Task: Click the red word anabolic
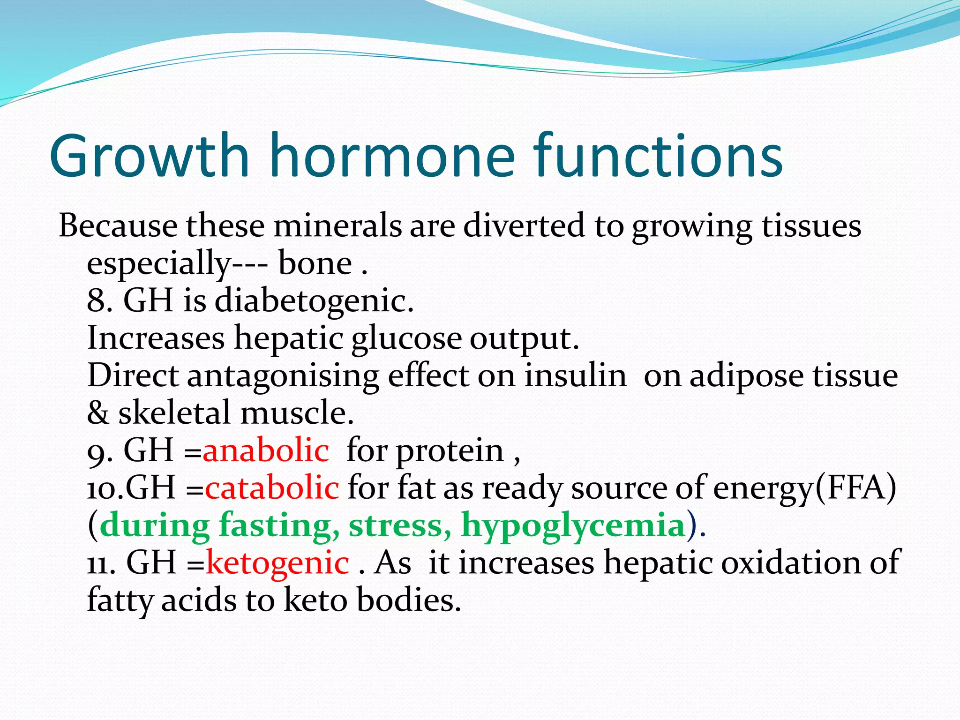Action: pyautogui.click(x=266, y=450)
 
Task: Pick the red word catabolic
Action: pyautogui.click(x=272, y=488)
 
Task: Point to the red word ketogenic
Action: pyautogui.click(x=277, y=563)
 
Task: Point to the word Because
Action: pyautogui.click(x=118, y=226)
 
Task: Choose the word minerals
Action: pyautogui.click(x=337, y=226)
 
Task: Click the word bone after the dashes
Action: pyautogui.click(x=315, y=263)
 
